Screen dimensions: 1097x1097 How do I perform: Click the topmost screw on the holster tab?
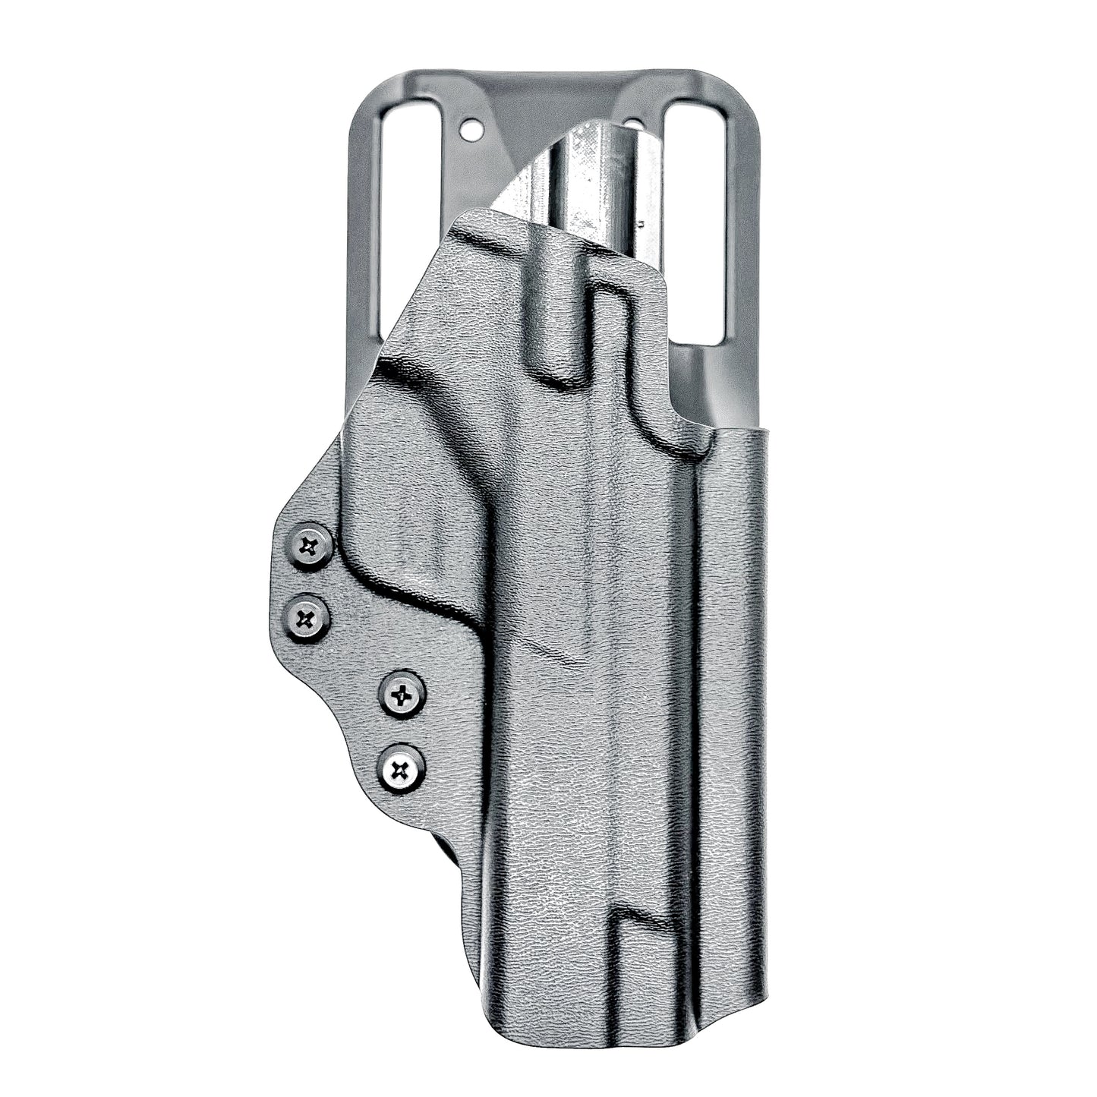(x=311, y=546)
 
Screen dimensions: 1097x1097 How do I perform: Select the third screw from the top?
(x=402, y=693)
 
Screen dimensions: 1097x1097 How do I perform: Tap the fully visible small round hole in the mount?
(x=472, y=131)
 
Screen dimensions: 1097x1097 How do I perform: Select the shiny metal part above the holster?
(x=600, y=182)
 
